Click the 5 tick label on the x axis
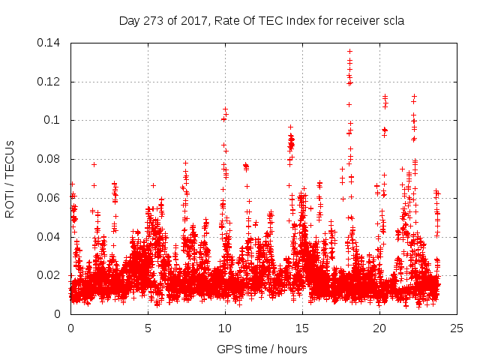(x=148, y=328)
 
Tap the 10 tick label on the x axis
(x=225, y=328)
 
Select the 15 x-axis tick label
(x=302, y=328)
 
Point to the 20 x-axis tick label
(x=379, y=328)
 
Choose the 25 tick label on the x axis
(x=457, y=328)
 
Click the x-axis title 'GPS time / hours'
(x=262, y=349)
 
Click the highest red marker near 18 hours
(x=349, y=51)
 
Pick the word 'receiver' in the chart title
(x=358, y=21)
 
